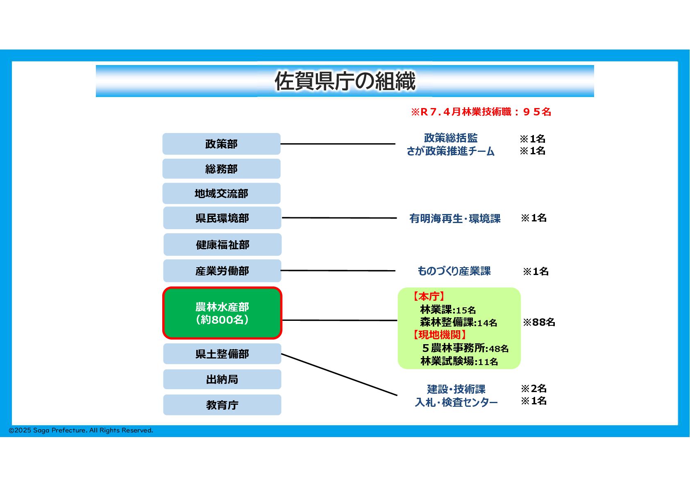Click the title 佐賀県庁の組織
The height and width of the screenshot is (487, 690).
(345, 81)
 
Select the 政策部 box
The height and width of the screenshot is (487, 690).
(221, 144)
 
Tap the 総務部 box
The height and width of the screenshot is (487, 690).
(221, 169)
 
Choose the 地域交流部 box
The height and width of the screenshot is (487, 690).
(221, 194)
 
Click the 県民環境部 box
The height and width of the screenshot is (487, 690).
(222, 218)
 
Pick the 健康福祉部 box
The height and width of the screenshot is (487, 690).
(222, 245)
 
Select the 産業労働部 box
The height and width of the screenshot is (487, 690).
(222, 271)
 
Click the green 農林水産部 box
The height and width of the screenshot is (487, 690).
(222, 313)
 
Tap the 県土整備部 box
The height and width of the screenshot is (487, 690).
(222, 354)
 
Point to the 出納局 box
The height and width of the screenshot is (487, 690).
(222, 379)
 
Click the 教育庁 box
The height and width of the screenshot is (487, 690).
(222, 405)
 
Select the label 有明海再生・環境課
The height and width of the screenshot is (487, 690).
(455, 219)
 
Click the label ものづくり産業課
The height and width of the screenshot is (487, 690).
(454, 271)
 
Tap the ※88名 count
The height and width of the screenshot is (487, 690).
(539, 322)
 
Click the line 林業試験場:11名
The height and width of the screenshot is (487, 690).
(459, 361)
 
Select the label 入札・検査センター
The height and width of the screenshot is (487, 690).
(456, 402)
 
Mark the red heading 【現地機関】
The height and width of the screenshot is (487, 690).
(439, 335)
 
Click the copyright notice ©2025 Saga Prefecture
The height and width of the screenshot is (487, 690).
(81, 431)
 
